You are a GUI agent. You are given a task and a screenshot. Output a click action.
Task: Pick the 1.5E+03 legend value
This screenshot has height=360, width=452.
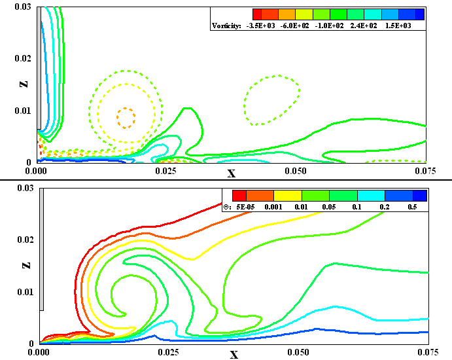[x=396, y=26]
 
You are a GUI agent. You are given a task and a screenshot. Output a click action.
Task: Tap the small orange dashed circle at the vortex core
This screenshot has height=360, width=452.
[x=126, y=118]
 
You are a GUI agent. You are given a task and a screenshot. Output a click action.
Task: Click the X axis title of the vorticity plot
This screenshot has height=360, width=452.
[x=231, y=173]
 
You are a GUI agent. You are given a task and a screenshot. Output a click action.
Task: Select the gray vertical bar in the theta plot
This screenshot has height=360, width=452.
[x=42, y=249]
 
